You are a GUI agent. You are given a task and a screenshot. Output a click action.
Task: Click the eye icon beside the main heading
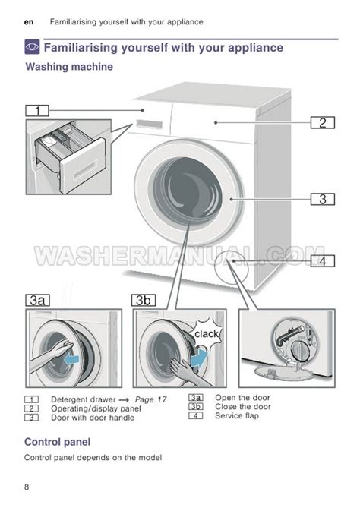[33, 47]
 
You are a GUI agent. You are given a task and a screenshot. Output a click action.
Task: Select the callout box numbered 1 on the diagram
[37, 111]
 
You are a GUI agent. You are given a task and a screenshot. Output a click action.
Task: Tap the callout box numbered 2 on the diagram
[323, 122]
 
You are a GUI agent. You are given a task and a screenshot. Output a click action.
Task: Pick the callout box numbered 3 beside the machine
[323, 199]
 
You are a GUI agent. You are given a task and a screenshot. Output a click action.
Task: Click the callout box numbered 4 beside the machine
[323, 260]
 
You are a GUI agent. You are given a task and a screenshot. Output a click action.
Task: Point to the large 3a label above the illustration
[37, 300]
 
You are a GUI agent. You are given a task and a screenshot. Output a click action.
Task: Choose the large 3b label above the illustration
[144, 300]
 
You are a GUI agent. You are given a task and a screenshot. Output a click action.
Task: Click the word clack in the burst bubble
[207, 334]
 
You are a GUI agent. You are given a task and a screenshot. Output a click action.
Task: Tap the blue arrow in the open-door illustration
[72, 359]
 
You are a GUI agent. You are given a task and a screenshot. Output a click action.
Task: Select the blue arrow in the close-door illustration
[199, 358]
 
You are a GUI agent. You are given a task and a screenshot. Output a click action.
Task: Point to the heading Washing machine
[69, 67]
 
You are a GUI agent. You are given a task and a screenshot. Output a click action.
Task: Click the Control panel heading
[58, 442]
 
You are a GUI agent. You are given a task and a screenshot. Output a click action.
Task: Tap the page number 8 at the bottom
[27, 487]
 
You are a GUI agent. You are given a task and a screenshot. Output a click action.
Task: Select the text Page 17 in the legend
[150, 399]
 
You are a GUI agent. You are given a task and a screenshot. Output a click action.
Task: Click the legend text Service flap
[237, 415]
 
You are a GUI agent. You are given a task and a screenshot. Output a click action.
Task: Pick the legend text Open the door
[242, 398]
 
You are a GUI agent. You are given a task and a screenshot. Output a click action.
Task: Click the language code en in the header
[29, 22]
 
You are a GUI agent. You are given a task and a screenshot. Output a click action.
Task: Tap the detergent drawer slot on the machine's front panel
[150, 124]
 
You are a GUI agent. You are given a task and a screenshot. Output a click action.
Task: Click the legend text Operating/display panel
[96, 408]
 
